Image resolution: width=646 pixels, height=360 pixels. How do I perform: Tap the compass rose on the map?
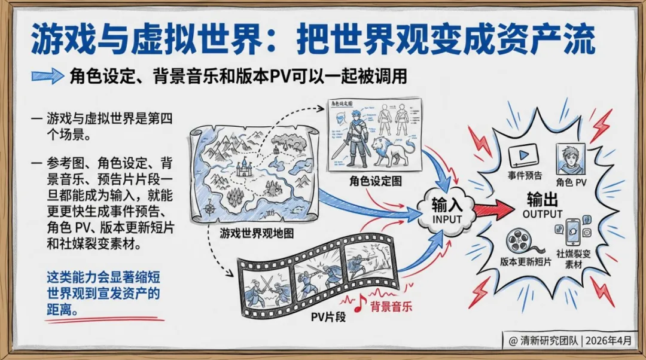coord(211,209)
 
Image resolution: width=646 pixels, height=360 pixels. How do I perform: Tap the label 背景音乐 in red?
coord(392,307)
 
